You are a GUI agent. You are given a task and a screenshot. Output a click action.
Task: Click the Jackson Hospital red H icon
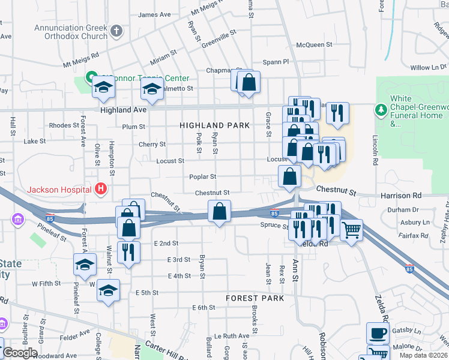point(101,189)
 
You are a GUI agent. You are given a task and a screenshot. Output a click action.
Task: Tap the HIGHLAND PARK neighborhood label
point(214,125)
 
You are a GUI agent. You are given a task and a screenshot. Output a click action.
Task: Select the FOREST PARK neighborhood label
point(255,298)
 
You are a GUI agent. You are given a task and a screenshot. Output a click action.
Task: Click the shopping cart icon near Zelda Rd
point(351,229)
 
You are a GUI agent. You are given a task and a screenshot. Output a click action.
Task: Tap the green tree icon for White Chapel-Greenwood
point(380,110)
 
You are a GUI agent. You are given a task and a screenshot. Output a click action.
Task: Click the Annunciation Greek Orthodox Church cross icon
point(116,29)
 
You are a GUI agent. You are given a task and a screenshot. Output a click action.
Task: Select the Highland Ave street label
point(124,110)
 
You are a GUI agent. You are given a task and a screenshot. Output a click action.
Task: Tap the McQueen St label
point(314,44)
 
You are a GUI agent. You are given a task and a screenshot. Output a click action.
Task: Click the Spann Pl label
point(276,62)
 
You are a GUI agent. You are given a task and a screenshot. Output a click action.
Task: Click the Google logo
point(20,353)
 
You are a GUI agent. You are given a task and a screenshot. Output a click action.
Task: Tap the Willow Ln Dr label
point(429,68)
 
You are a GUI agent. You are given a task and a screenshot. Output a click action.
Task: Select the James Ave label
point(154,15)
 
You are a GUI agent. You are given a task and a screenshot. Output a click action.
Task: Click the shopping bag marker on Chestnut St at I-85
point(219,211)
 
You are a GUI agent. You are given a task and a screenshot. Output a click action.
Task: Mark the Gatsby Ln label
point(409,331)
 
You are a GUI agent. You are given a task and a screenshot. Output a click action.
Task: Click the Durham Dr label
point(403,210)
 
